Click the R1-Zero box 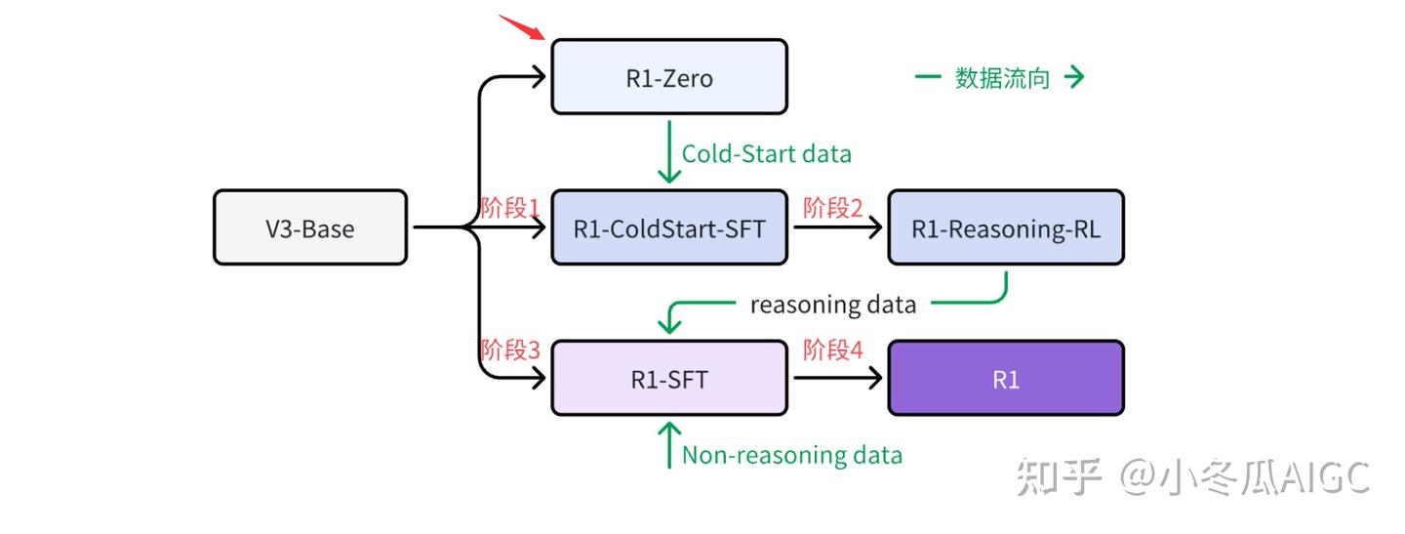669,76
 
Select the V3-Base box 310,227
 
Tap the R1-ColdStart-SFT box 669,227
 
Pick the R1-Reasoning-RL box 1005,227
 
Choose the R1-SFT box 669,378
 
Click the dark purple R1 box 1005,378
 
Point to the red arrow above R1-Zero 522,27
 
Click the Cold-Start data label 767,153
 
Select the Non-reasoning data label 791,455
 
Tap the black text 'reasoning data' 833,305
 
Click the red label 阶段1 510,208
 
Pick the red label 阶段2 833,208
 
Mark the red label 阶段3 510,349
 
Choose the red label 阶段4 833,349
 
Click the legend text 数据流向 1002,78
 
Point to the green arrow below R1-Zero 669,152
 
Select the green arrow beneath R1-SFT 669,445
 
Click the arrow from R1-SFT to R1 838,378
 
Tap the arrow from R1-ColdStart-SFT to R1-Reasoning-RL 838,227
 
